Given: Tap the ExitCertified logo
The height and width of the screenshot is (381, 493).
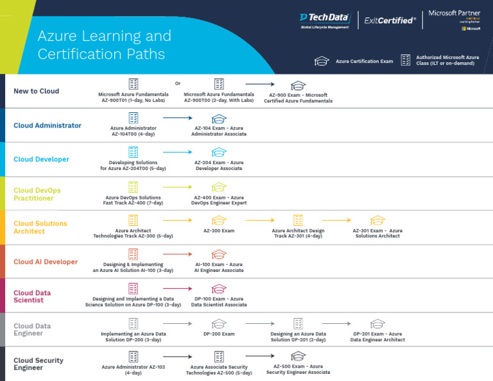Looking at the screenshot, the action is (390, 21).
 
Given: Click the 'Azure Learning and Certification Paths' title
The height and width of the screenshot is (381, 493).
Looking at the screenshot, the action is (104, 44).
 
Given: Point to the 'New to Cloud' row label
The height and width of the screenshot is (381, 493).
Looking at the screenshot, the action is (37, 91).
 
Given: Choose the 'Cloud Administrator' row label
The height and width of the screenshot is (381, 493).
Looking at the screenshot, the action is (48, 126).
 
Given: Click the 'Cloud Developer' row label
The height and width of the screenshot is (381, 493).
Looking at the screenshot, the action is (41, 160).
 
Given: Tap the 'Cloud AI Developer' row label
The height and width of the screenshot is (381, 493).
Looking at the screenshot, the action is (46, 262).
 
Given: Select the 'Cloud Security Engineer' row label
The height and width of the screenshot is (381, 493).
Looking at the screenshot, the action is (39, 364).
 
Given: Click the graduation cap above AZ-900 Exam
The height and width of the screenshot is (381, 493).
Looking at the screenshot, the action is (298, 85).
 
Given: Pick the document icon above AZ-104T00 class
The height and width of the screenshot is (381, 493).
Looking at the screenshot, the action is (134, 118).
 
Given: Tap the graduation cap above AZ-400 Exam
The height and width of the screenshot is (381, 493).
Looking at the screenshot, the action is (219, 187).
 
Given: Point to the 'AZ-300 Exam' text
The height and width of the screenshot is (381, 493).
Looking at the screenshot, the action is (219, 230).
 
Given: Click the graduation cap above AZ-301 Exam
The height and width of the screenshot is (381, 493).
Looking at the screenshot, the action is (377, 220).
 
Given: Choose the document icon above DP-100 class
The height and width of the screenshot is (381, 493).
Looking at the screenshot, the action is (133, 289).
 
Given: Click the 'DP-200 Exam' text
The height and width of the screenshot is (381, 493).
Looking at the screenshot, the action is (219, 334).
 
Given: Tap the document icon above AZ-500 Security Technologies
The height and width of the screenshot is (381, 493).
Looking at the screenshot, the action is (219, 357).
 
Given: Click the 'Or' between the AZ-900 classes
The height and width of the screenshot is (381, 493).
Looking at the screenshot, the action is (178, 83).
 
